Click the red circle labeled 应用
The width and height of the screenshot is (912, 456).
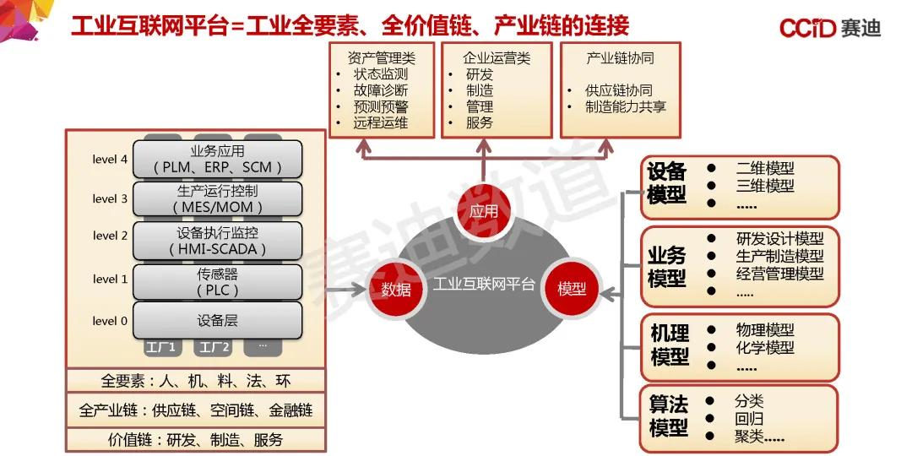click(484, 210)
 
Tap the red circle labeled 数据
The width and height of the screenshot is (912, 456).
click(395, 288)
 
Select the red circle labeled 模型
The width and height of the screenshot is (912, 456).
click(572, 288)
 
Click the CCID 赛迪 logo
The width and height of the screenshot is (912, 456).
click(829, 28)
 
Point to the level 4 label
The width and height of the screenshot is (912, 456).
click(111, 159)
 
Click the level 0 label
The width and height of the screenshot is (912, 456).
click(111, 321)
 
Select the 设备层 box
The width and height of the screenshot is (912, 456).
click(218, 321)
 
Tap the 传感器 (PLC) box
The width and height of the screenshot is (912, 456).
click(218, 282)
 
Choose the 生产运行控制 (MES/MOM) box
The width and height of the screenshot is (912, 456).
click(218, 198)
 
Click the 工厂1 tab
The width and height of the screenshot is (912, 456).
click(160, 347)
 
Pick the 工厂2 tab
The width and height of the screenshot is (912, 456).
click(212, 347)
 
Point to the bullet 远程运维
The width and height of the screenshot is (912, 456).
click(381, 122)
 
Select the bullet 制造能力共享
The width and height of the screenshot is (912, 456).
click(626, 106)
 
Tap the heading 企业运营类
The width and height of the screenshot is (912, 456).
click(497, 58)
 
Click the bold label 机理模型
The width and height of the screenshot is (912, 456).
click(670, 345)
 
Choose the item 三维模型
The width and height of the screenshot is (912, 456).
click(765, 186)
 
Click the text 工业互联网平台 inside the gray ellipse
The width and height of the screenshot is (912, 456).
click(484, 285)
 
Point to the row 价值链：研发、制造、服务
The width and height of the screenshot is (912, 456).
click(196, 440)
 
